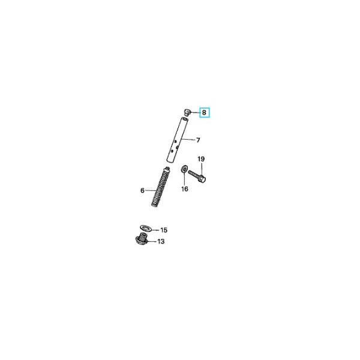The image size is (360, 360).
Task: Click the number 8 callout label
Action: tap(204, 112)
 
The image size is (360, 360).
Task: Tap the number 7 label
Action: tap(198, 140)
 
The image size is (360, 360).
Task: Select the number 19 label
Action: tap(202, 159)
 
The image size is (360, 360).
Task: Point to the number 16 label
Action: tap(185, 189)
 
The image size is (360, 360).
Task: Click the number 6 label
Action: tap(143, 191)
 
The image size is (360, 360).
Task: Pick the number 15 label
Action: tap(164, 230)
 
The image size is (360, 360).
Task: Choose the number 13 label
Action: tap(160, 242)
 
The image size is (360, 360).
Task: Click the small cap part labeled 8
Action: tap(187, 112)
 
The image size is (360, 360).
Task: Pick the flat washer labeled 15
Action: tap(143, 228)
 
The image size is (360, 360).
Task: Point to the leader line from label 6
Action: tap(149, 191)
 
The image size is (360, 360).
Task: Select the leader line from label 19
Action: tap(202, 167)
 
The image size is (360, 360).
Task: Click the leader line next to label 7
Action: tap(190, 140)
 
